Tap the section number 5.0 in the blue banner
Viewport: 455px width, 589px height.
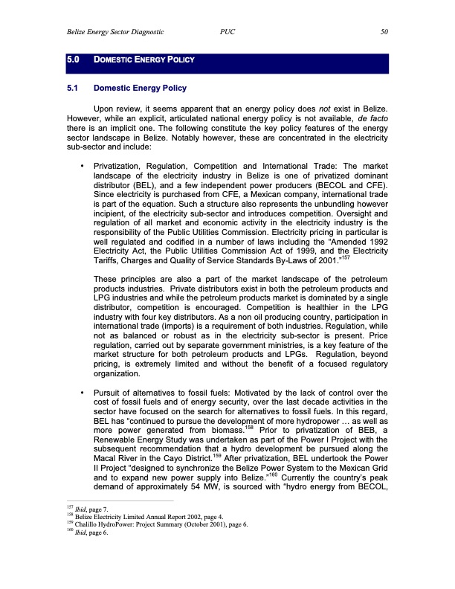[x=74, y=59]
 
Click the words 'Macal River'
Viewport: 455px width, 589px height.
[x=117, y=460]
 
